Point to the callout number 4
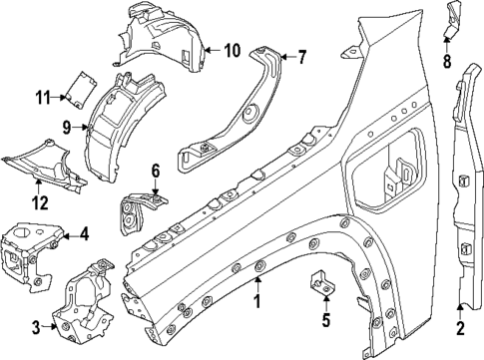point(85,235)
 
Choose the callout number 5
point(324,320)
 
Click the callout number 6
point(155,171)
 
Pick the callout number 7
point(302,57)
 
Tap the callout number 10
point(232,50)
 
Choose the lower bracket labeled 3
point(88,299)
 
